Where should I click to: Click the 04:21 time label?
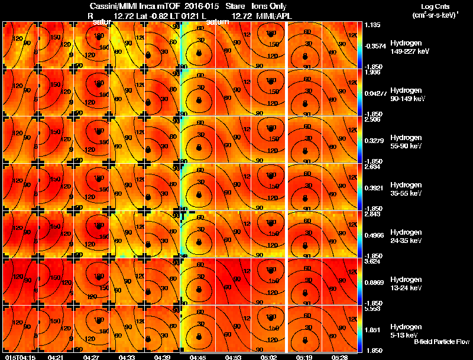pos(56,357)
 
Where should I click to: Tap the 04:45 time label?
pos(197,357)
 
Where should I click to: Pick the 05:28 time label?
pos(339,357)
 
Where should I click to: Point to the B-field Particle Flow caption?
pos(440,342)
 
